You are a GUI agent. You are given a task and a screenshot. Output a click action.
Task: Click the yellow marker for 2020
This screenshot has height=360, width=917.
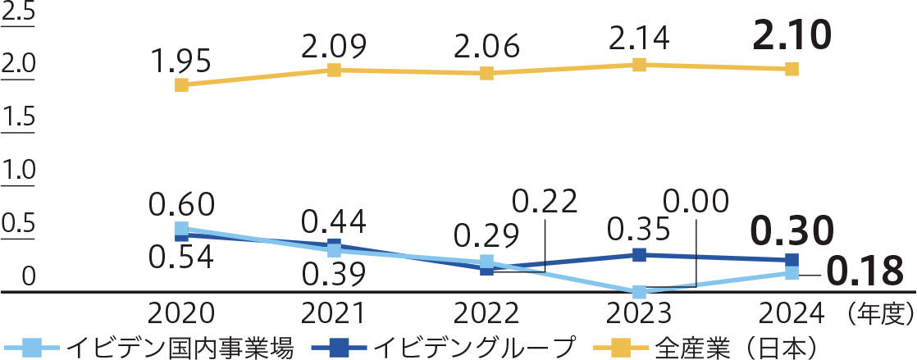(182, 84)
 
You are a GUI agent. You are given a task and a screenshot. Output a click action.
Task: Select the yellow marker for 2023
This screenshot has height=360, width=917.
(639, 64)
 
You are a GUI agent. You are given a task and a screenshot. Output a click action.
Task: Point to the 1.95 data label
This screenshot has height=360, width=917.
(181, 60)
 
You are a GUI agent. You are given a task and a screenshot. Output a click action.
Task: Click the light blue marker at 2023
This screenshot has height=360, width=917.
(639, 292)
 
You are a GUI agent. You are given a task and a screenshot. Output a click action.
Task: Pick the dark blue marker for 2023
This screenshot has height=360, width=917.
(639, 254)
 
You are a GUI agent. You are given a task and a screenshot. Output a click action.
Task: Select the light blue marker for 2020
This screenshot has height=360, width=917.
(182, 229)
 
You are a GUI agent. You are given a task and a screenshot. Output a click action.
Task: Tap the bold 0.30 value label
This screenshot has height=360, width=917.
(792, 231)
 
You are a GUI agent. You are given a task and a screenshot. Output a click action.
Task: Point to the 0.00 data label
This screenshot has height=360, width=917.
(696, 201)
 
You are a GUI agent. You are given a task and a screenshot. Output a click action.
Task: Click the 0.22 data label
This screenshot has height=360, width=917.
(545, 201)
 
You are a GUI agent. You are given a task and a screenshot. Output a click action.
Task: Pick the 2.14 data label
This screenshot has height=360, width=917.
(639, 37)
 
